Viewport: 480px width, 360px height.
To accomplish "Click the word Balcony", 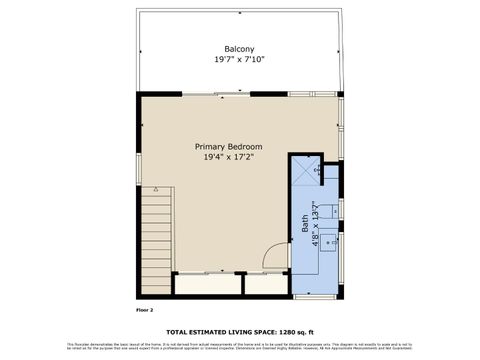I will pos(237,49).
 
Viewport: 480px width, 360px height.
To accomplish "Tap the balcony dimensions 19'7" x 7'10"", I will pos(237,60).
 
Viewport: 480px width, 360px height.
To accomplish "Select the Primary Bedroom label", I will pos(227,146).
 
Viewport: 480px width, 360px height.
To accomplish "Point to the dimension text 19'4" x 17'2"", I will pos(227,157).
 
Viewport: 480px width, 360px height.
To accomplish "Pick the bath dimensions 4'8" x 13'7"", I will pos(315,225).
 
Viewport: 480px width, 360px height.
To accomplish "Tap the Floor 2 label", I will pos(145,311).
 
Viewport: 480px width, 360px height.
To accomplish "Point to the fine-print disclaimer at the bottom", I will pos(240,345).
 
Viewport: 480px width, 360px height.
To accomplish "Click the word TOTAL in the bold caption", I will pos(179,332).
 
